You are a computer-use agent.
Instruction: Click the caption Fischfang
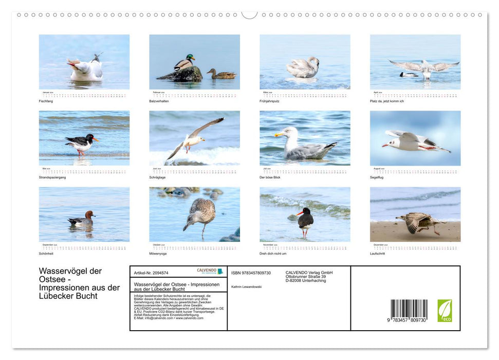(x=46, y=101)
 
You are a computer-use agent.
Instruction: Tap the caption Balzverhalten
(x=159, y=101)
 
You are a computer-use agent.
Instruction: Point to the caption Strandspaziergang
(x=52, y=177)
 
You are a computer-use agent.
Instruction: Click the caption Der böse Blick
(x=270, y=177)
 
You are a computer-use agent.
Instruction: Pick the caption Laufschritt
(x=377, y=254)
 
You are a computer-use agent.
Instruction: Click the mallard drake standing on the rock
(x=183, y=63)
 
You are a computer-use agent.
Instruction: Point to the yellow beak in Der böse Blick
(x=279, y=135)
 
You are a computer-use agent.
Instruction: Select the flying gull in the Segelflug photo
(x=414, y=141)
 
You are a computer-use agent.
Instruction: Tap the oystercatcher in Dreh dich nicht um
(x=305, y=220)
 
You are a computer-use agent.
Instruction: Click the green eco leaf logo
(x=445, y=311)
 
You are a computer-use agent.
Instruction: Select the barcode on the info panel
(x=409, y=309)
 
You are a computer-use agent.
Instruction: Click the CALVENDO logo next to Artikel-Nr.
(x=210, y=271)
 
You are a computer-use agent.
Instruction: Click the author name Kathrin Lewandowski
(x=247, y=286)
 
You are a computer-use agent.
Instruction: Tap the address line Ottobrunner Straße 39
(x=305, y=277)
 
